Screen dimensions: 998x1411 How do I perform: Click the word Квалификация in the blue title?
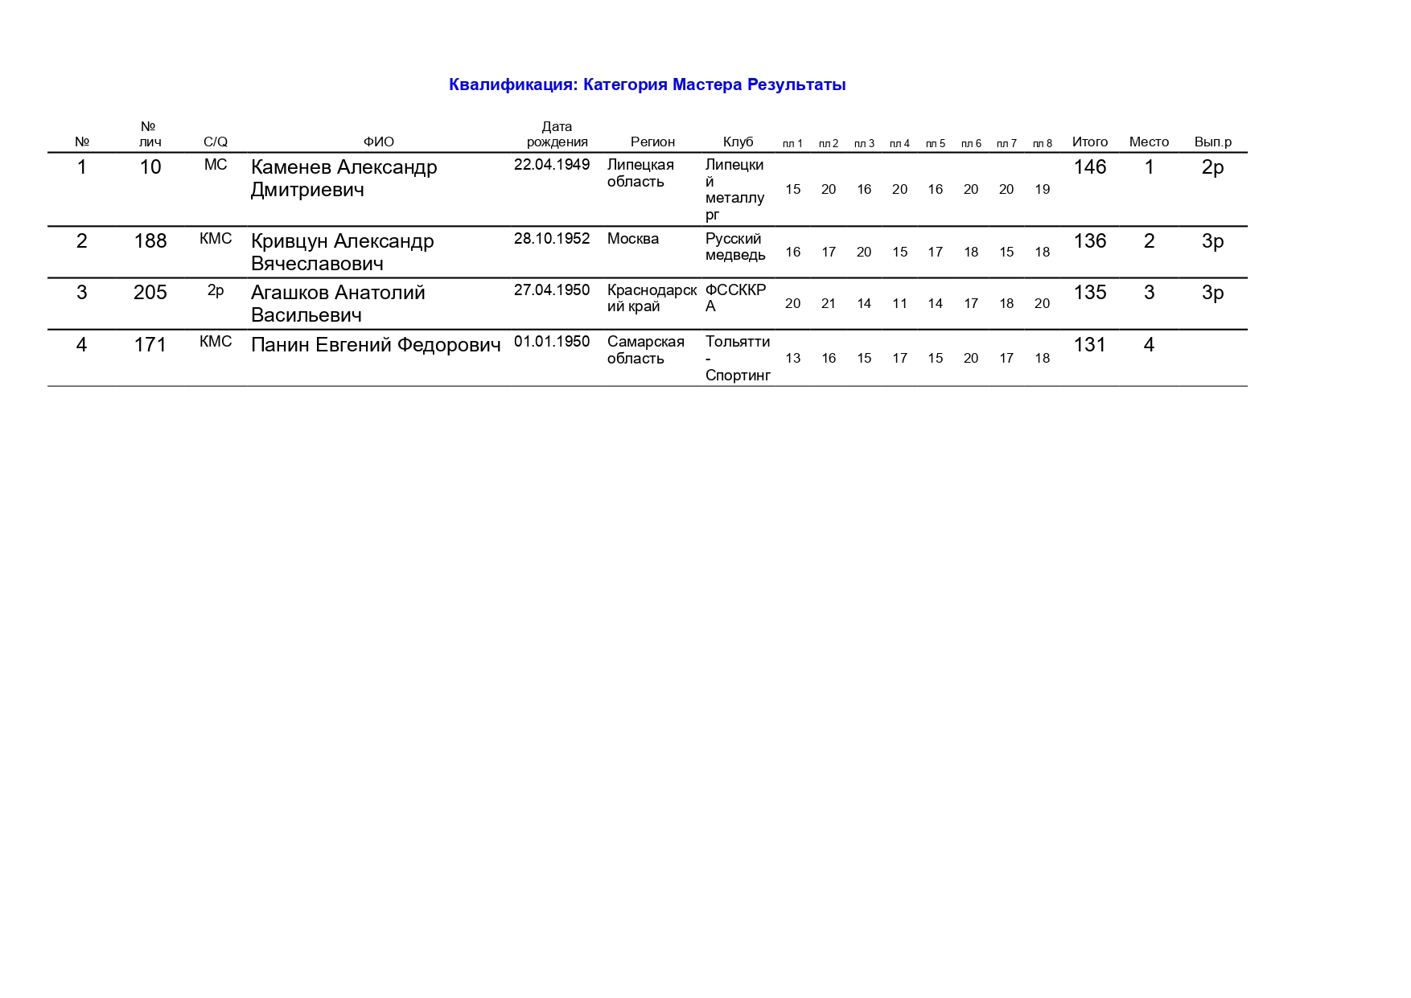tap(512, 85)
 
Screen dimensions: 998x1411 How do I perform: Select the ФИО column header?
tap(378, 142)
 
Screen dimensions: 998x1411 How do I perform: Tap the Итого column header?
tap(1089, 142)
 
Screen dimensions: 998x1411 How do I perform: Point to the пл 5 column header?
tap(935, 144)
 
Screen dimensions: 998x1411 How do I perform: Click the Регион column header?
tap(652, 142)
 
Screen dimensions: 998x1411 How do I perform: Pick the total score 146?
tap(1089, 167)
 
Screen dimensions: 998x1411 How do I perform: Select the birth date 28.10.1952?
tap(552, 239)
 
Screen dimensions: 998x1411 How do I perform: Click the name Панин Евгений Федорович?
tap(376, 345)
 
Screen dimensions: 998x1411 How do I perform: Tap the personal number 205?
tap(150, 293)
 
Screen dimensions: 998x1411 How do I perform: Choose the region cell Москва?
tap(633, 239)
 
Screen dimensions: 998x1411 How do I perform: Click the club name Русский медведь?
tap(735, 247)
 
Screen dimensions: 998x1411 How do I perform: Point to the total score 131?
tap(1089, 345)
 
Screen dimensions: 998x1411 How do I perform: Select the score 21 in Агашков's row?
tap(829, 304)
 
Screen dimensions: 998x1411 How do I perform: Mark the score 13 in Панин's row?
tap(792, 359)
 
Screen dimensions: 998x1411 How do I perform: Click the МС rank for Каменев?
tap(216, 165)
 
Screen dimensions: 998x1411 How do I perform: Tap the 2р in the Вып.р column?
tap(1212, 167)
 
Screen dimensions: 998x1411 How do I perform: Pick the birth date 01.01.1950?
tap(552, 342)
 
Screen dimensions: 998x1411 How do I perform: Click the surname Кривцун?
tap(290, 241)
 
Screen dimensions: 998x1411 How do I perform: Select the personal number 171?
tap(150, 345)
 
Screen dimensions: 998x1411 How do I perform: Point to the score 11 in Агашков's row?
tap(899, 304)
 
